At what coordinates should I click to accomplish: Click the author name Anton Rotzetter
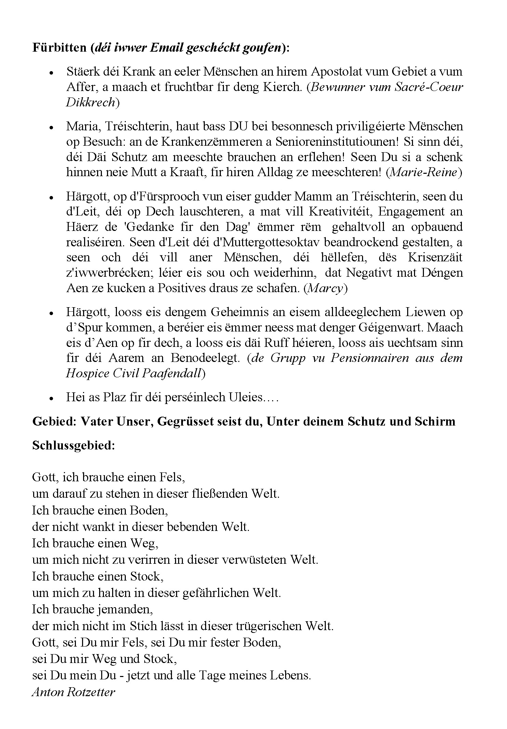pos(74,692)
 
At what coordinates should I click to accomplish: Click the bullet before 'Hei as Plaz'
pos(51,399)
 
